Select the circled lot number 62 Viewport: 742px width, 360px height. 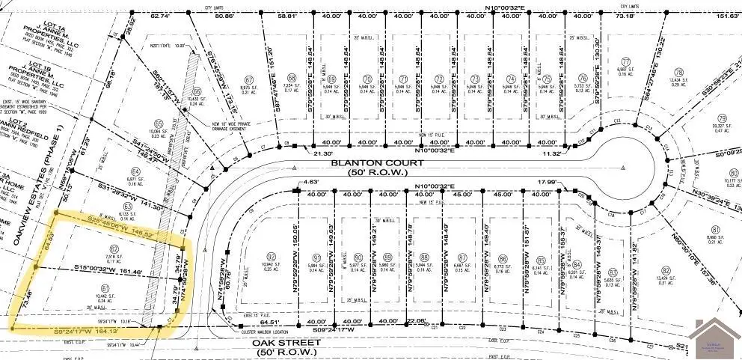click(x=114, y=248)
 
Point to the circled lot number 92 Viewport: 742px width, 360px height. click(x=272, y=256)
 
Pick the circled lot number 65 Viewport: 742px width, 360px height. click(x=158, y=124)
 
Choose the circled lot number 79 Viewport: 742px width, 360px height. click(x=721, y=118)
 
